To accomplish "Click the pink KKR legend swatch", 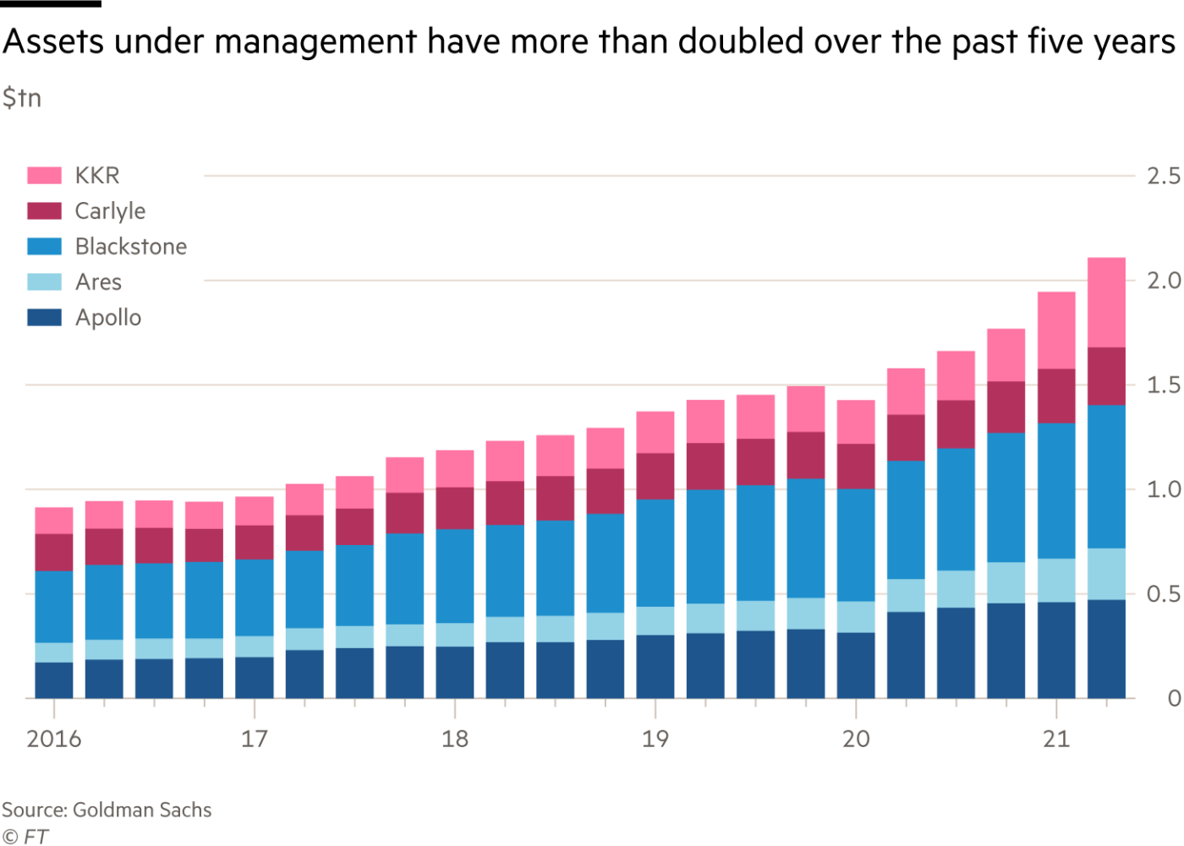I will [44, 175].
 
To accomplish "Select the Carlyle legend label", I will [110, 211].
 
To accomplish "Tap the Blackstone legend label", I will [131, 247].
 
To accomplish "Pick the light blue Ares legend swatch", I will [44, 282].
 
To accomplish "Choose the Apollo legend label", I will [108, 318].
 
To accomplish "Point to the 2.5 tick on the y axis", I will [1163, 176].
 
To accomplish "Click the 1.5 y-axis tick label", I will [1163, 385].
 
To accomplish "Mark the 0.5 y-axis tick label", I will [1163, 595].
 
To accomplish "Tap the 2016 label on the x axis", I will [53, 740].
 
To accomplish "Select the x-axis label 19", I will [655, 740].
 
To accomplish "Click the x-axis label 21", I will [1055, 740].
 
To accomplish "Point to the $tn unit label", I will [21, 98].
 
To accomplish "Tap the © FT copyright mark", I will [25, 837].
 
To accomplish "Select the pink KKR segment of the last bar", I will [1105, 302].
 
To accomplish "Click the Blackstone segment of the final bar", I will [1105, 477].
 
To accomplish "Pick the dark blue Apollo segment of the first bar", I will [54, 680].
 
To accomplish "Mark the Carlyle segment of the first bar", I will [54, 552].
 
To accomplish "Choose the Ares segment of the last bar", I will [1105, 574].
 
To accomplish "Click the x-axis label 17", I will [254, 740].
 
